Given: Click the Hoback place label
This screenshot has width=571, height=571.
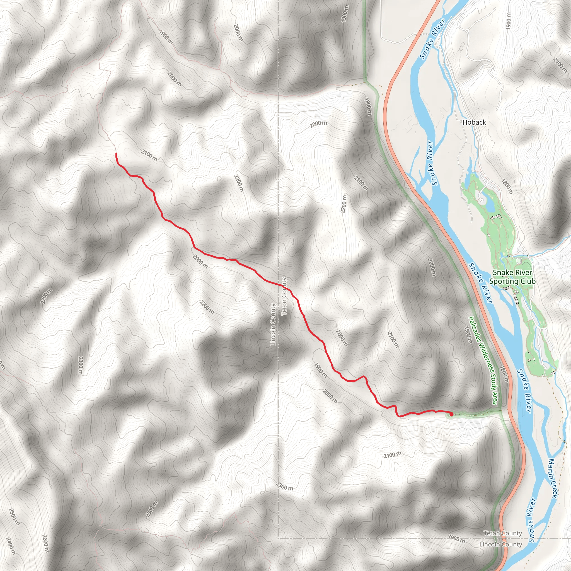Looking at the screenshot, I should (474, 122).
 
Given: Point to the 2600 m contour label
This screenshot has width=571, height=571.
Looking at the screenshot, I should (45, 543).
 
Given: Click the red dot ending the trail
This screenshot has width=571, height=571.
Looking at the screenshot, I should (451, 415).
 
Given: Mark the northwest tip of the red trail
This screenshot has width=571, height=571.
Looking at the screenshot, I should (116, 154).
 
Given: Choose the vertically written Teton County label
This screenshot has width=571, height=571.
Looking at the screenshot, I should (284, 296).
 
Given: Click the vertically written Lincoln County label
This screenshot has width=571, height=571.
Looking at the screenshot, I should (273, 325).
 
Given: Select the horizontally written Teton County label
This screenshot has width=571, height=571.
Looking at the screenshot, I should (502, 533).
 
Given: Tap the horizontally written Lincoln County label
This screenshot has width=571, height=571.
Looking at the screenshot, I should (501, 544).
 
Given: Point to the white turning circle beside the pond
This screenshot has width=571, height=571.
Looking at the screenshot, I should (482, 200).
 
